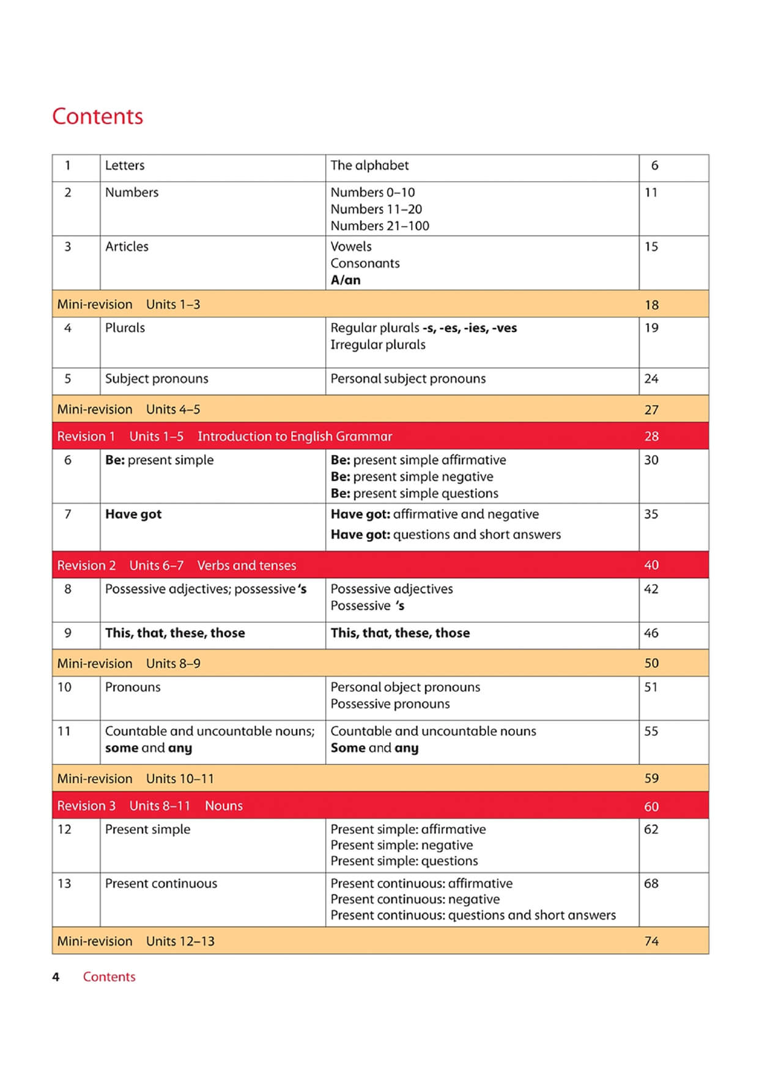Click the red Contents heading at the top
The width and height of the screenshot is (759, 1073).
[97, 116]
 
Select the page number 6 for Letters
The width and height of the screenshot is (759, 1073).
[654, 165]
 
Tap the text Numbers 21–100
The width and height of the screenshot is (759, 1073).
[380, 226]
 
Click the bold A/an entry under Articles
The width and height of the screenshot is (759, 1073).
[346, 280]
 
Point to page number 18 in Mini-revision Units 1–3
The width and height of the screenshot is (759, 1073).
[651, 305]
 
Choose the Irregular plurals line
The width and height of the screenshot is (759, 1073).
[378, 344]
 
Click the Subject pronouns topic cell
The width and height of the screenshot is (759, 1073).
[157, 379]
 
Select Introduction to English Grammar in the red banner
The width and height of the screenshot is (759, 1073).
[294, 436]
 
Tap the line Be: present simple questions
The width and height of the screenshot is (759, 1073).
[414, 493]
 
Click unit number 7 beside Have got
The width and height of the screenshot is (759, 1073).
[68, 514]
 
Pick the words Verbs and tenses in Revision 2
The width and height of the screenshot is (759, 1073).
[246, 565]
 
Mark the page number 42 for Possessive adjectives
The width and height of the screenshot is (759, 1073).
[651, 589]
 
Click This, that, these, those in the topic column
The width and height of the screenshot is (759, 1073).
[175, 633]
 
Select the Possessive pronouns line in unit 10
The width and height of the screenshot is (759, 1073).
[390, 704]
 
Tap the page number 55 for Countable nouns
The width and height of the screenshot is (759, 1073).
[651, 731]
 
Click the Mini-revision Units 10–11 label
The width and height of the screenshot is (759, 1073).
[136, 779]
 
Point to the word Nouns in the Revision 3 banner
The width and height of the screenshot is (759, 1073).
[224, 806]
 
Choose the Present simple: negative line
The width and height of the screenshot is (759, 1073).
[402, 845]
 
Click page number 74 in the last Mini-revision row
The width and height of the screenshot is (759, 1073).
[651, 941]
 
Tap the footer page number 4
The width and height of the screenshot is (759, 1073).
[56, 977]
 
